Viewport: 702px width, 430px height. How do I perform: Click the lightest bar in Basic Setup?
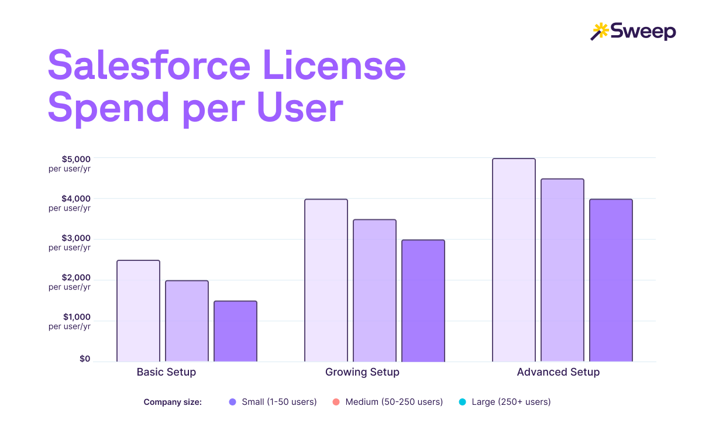click(138, 311)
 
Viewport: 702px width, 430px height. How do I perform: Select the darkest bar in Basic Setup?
click(235, 331)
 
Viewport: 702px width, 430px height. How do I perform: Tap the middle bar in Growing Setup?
click(374, 290)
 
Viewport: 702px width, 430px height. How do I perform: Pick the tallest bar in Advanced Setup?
click(514, 260)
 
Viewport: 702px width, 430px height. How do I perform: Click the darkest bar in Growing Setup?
click(423, 301)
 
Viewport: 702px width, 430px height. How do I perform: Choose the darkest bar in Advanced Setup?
click(611, 280)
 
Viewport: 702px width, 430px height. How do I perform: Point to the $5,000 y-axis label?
click(76, 159)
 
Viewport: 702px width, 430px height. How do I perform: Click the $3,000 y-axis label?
click(76, 238)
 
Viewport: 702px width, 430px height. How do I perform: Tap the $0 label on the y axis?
click(85, 359)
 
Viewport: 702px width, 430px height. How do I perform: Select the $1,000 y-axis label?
click(76, 317)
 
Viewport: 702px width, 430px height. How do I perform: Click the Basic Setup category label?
click(166, 372)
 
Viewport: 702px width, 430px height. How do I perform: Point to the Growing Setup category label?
click(362, 372)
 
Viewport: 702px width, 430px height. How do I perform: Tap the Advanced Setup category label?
click(558, 372)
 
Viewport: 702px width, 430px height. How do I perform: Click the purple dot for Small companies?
click(232, 402)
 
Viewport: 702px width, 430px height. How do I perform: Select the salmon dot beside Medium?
click(336, 402)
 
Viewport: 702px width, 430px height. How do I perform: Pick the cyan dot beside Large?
click(462, 402)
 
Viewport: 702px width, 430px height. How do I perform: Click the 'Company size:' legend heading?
click(173, 402)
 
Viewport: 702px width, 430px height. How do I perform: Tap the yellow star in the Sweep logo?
click(601, 29)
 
